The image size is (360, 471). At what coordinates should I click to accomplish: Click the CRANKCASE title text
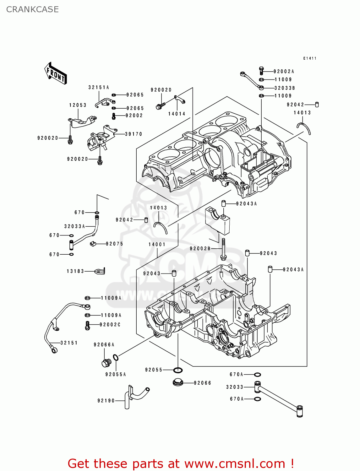pos(32,9)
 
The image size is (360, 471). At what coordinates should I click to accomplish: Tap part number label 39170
pos(134,134)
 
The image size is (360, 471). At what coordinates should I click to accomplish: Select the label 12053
pos(78,105)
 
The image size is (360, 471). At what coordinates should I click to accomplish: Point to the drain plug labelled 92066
pos(178,383)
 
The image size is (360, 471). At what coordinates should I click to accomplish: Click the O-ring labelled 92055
pos(178,370)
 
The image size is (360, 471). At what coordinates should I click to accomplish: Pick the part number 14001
pos(157,244)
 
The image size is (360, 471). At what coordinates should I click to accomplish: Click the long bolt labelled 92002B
pos(223,249)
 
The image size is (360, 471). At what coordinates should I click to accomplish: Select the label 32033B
pos(285,88)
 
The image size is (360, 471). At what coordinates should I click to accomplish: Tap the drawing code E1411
pos(310,58)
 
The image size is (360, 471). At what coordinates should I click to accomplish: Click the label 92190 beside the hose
pos(106,401)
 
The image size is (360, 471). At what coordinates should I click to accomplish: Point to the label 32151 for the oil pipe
pos(69,343)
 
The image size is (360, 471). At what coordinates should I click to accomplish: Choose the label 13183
pos(75,271)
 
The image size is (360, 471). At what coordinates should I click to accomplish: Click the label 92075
pos(114,244)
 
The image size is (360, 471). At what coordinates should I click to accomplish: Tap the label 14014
pos(177,114)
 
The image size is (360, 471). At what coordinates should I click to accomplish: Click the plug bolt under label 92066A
pos(106,363)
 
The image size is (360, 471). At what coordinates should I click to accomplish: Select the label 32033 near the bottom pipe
pos(235,387)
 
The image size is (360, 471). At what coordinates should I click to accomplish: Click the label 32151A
pos(99,88)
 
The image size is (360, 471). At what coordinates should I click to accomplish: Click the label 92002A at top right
pos(284,72)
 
